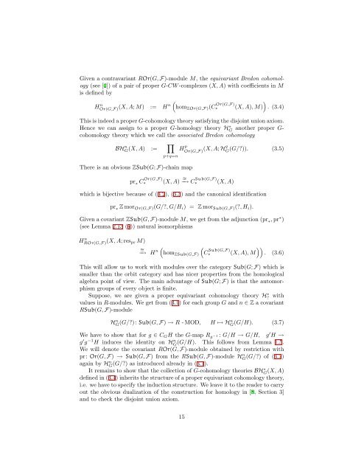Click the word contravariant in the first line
tap(92, 44)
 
